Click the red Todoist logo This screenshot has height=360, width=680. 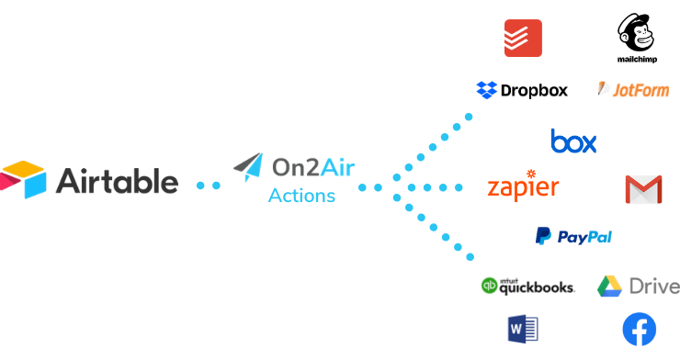523,38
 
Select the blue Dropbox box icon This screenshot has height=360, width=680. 486,90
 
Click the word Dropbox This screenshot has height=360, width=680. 534,90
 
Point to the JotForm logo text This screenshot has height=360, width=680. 639,90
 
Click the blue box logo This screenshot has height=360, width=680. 573,141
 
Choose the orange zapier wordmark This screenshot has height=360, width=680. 523,186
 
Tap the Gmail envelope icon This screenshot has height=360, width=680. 643,189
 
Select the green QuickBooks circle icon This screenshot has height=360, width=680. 489,286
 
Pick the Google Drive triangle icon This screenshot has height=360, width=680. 610,287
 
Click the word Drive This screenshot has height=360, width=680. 654,287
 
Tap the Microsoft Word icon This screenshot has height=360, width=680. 523,328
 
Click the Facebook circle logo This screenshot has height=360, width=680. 640,330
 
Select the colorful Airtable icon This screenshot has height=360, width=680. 23,179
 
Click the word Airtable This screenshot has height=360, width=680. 117,180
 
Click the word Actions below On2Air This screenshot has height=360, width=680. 301,196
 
